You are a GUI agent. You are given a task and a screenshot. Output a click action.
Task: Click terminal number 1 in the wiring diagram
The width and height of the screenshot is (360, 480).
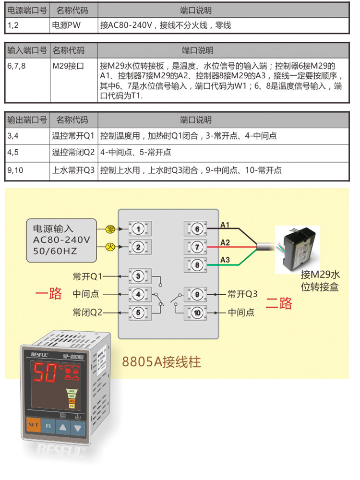click(x=138, y=229)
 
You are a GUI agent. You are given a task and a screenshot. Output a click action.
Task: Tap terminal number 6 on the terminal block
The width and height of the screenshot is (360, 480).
click(x=197, y=229)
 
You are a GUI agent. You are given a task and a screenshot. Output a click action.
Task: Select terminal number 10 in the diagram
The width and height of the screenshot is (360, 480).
click(x=197, y=313)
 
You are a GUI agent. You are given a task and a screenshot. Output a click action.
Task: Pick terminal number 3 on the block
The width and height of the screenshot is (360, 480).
click(x=138, y=276)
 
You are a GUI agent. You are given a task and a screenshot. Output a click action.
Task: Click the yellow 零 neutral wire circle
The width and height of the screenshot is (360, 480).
click(x=110, y=229)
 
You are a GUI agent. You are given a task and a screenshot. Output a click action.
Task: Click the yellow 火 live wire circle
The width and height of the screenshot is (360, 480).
click(x=110, y=247)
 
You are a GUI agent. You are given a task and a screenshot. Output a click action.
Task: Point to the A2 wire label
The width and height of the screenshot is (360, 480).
click(x=225, y=242)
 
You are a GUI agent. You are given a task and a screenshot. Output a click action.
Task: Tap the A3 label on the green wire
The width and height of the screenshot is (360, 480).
click(x=225, y=260)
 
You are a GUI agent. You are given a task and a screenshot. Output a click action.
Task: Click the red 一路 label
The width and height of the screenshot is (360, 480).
click(x=49, y=294)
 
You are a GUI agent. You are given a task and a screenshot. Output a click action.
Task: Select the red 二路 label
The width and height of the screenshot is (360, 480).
click(x=279, y=303)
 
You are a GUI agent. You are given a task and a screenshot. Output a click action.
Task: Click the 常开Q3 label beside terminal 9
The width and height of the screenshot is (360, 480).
click(x=243, y=294)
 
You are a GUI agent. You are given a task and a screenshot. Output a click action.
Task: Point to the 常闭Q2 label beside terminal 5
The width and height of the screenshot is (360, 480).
click(x=88, y=312)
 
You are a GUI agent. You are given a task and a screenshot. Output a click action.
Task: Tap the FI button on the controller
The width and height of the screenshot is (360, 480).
click(x=48, y=425)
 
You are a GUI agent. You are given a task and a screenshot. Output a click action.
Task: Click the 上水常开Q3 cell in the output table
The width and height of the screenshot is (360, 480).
click(x=74, y=170)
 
